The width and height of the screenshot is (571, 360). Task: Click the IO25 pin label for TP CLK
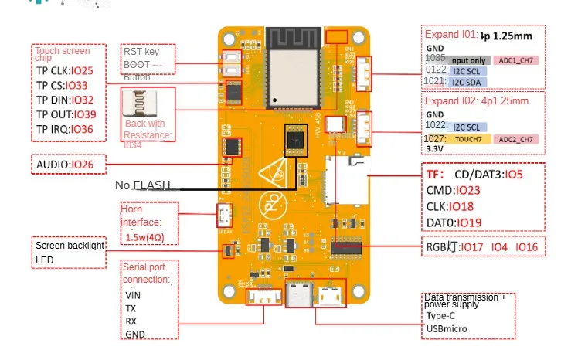click(85, 72)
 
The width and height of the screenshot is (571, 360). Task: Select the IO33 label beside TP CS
click(79, 86)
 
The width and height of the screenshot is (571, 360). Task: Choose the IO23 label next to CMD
click(469, 190)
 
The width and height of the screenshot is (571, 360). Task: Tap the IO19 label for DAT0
click(471, 222)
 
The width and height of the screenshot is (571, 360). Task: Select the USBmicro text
click(447, 329)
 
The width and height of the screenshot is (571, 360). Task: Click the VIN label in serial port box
click(133, 294)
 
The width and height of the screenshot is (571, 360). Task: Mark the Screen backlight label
click(70, 246)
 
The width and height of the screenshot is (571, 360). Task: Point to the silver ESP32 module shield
click(292, 80)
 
